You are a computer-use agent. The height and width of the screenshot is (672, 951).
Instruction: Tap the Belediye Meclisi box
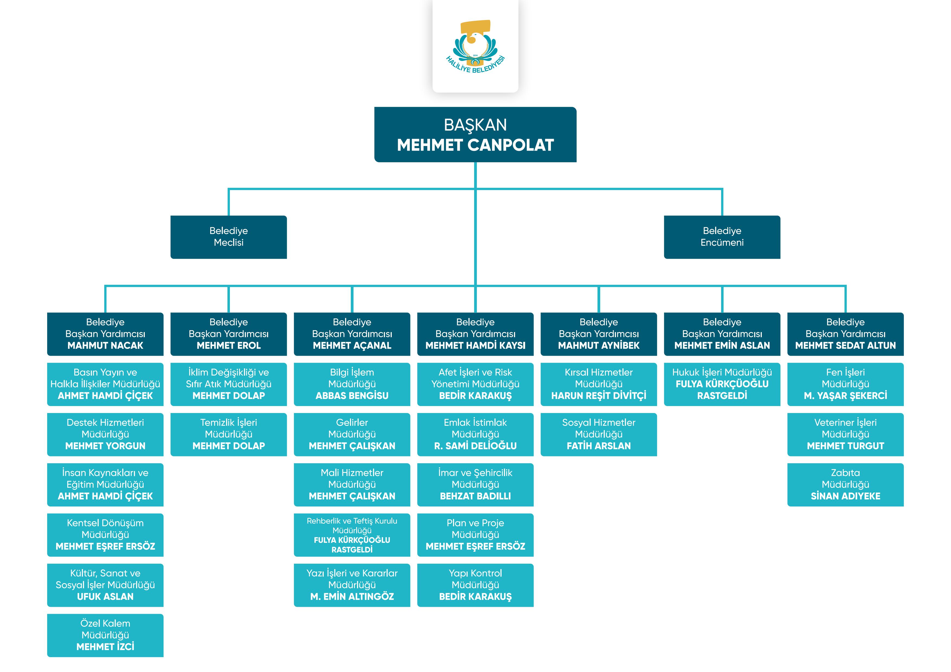[x=228, y=237]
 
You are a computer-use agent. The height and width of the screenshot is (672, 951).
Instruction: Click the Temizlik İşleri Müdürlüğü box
[x=228, y=434]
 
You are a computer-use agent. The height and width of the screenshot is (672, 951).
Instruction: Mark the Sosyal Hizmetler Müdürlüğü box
[x=599, y=434]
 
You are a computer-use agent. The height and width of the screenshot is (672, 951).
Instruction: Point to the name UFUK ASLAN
[x=105, y=597]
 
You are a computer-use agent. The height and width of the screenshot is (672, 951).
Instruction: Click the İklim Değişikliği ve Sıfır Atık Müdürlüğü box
[x=228, y=384]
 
